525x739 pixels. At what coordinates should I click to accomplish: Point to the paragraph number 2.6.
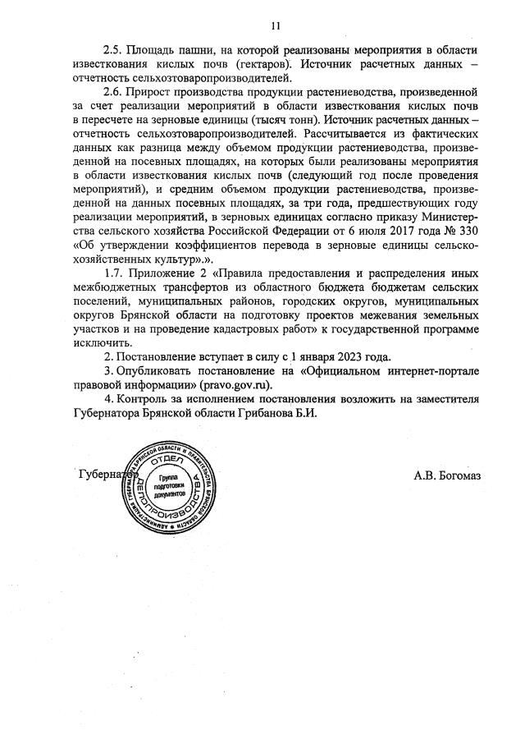(x=114, y=94)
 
